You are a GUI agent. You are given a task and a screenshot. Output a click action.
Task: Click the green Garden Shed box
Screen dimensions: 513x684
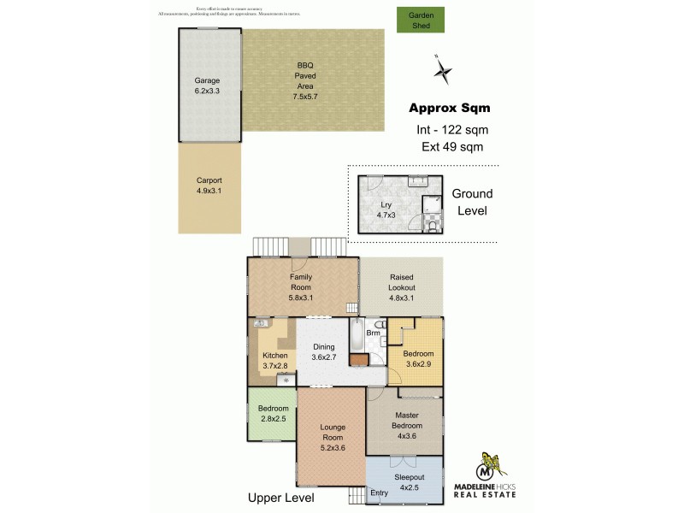tap(421, 20)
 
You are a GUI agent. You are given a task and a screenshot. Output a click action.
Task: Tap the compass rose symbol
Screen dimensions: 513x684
tap(443, 70)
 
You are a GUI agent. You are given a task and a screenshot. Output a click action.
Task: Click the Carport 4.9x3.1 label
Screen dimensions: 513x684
tap(209, 186)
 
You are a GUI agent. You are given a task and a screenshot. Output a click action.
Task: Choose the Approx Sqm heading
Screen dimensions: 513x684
tap(449, 109)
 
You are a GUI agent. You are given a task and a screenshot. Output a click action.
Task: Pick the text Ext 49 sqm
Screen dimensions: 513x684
tap(452, 146)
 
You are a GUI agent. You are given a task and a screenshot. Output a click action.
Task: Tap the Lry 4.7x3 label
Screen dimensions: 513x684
tap(386, 209)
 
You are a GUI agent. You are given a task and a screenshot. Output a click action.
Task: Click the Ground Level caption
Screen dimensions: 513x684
tap(472, 202)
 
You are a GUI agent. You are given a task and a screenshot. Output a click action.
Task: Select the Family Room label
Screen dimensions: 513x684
tap(301, 282)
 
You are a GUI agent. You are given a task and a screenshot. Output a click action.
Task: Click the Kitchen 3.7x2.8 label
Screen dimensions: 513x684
tap(274, 359)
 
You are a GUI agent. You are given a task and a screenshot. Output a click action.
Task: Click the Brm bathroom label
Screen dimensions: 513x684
tap(372, 332)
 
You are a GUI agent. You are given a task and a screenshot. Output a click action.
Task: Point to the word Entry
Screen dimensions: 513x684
tap(379, 492)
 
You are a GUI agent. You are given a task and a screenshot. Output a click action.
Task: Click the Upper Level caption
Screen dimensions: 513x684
tap(280, 498)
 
